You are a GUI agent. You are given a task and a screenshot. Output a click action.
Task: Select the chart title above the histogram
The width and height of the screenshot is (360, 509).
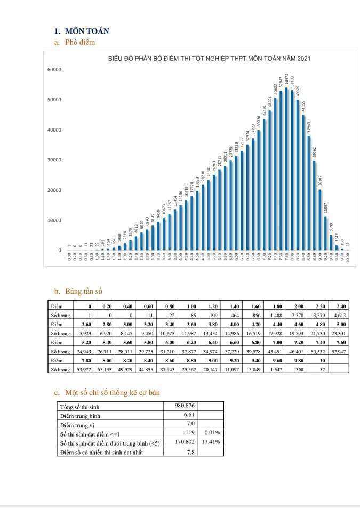(209, 59)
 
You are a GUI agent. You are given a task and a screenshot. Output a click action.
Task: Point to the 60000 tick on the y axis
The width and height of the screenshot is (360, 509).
(55, 70)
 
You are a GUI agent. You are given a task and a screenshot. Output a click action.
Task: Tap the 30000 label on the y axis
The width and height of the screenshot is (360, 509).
(55, 160)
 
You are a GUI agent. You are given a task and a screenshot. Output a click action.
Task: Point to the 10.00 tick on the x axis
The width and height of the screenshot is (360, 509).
(348, 258)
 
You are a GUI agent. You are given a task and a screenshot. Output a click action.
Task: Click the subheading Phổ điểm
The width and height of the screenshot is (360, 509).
(80, 42)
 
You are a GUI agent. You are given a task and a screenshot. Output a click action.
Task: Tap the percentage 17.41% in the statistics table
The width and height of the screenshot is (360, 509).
(211, 442)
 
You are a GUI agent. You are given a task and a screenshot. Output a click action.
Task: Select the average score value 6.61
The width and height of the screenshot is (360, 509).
(188, 415)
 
